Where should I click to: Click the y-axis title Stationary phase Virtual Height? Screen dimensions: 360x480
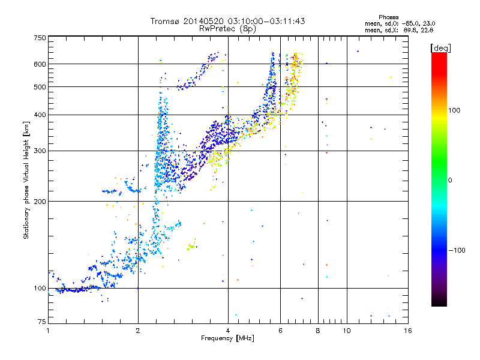click(26, 179)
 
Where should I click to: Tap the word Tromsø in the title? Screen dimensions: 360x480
click(169, 21)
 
